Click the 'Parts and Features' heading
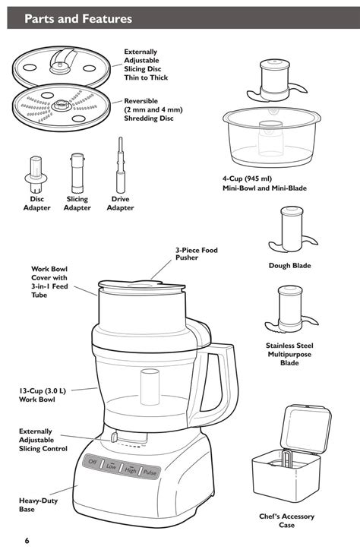click(78, 19)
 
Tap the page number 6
click(27, 540)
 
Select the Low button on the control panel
click(111, 466)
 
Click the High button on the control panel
click(131, 470)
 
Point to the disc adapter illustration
click(35, 173)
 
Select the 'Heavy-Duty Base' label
click(36, 505)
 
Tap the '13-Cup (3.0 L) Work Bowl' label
click(43, 395)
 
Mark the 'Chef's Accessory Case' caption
click(286, 521)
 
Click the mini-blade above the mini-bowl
click(278, 79)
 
